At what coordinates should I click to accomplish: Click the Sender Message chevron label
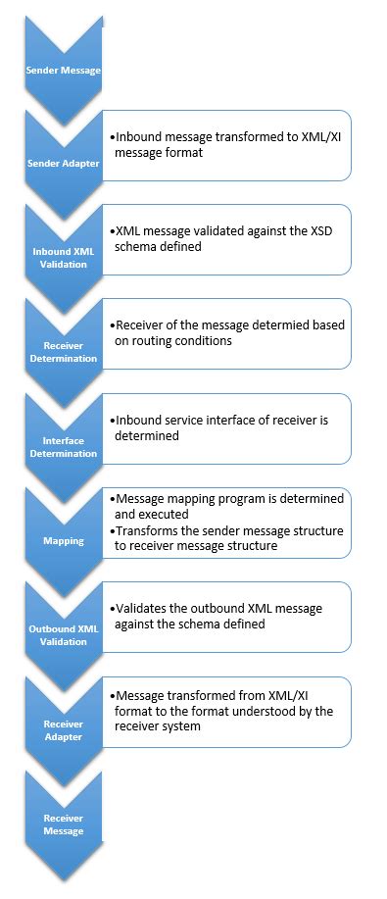pos(63,72)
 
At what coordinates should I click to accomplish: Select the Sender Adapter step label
pos(63,164)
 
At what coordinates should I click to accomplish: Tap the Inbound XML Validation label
pos(63,257)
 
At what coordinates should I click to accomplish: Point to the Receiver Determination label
pos(63,351)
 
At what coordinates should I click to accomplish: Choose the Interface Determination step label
pos(63,447)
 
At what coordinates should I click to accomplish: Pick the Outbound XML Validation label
pos(63,635)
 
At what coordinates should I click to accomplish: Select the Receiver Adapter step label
pos(63,729)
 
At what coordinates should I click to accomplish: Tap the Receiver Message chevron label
pos(63,824)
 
